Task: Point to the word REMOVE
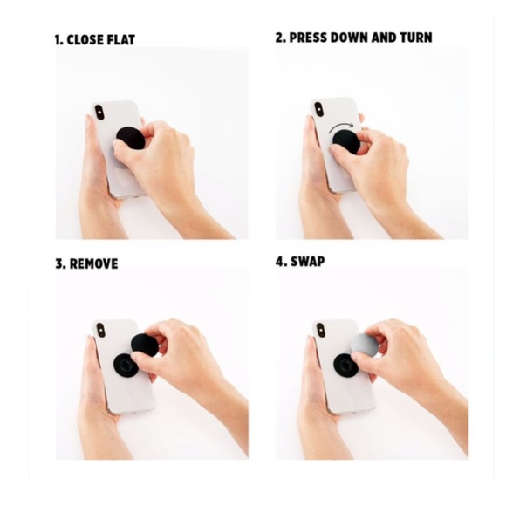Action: (94, 263)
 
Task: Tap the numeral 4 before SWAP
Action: (279, 261)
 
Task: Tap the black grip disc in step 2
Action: (346, 141)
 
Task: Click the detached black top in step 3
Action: (145, 345)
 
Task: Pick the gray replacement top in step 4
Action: (365, 345)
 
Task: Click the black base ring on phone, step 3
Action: (126, 366)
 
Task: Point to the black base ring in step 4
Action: (345, 366)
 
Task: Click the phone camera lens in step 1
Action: (99, 113)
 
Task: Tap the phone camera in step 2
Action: (319, 110)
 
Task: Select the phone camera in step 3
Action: (100, 331)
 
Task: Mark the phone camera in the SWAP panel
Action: (320, 331)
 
